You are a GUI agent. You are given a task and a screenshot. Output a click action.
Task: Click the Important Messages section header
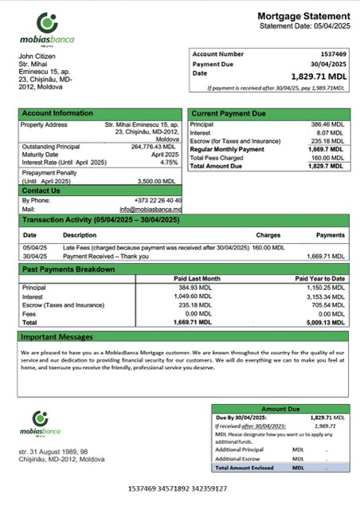[x=57, y=337]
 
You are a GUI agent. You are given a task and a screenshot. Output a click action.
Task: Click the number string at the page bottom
[x=177, y=487]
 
